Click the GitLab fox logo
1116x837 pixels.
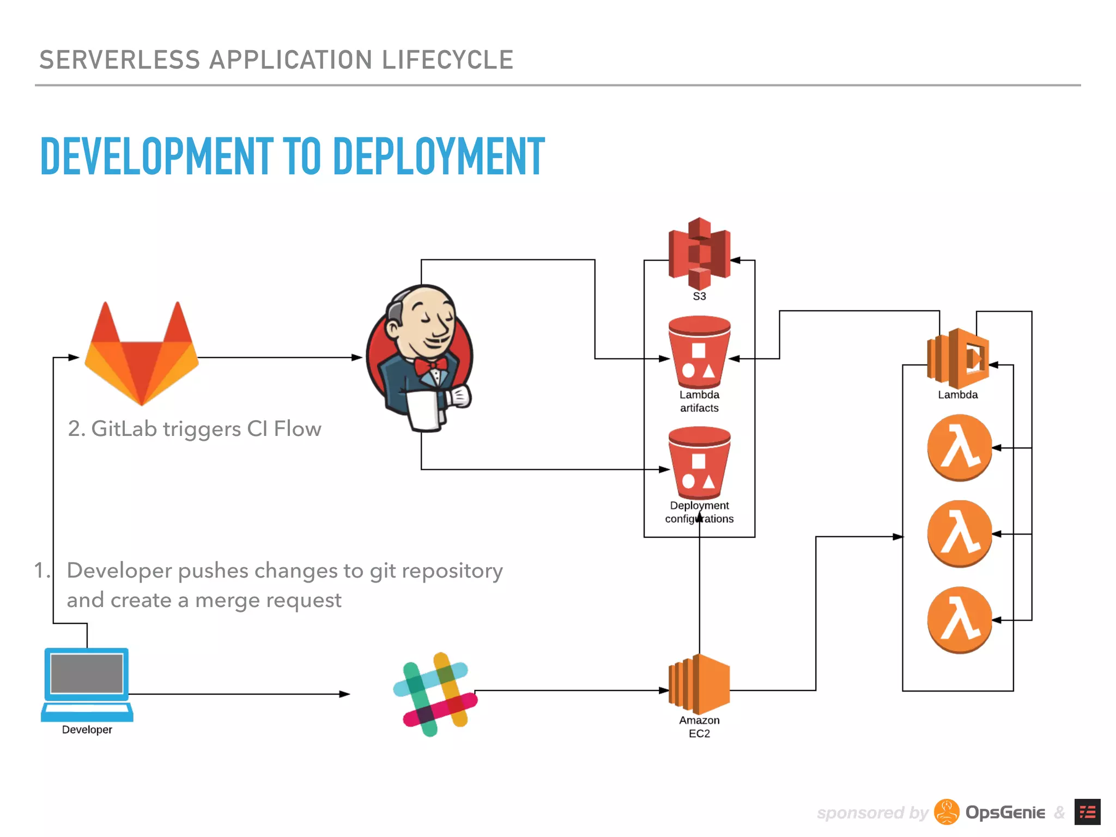(142, 357)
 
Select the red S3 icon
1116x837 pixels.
(699, 254)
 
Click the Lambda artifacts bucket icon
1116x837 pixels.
(699, 353)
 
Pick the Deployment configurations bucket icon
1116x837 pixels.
(699, 463)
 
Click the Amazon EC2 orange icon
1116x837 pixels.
(700, 684)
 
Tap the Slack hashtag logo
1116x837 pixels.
(436, 694)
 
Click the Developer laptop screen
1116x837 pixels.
(87, 673)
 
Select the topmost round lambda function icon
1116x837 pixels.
(960, 447)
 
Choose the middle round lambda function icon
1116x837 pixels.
(960, 533)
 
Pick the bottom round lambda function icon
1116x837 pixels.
(960, 620)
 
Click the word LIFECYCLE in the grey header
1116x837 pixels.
(447, 60)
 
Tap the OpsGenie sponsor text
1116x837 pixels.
(1005, 812)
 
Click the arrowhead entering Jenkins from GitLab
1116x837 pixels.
(357, 357)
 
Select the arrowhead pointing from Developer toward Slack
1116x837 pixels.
(344, 694)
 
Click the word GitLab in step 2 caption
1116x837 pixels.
(124, 429)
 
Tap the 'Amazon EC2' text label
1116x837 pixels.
(699, 727)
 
